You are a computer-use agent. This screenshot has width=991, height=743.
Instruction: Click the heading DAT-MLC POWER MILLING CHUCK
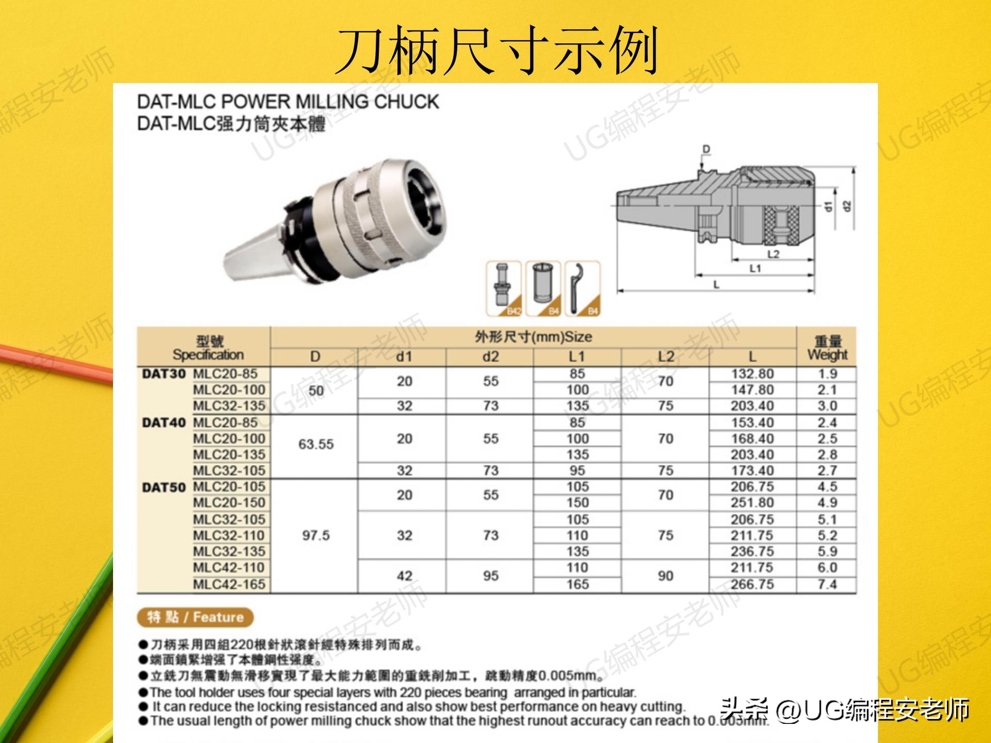coord(288,102)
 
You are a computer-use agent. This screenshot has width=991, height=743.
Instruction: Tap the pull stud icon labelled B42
coord(504,288)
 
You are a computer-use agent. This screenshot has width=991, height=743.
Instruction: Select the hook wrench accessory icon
coord(583,288)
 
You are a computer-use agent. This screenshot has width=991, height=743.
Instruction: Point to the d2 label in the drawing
coord(846,206)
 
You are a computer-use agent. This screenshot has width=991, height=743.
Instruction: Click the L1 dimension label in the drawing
coord(755,268)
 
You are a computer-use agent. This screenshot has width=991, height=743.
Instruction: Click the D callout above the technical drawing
coord(706,150)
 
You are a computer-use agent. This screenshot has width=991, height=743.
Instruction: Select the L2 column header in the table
coord(666,357)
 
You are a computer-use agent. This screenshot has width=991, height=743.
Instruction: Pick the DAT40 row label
coord(164,423)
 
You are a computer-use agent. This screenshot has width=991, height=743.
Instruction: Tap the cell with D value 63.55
coord(316,444)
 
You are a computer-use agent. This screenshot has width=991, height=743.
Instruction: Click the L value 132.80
coord(752,374)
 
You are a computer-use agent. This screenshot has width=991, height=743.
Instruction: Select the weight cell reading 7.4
coord(827,584)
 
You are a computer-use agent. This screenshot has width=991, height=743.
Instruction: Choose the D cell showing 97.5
coord(316,536)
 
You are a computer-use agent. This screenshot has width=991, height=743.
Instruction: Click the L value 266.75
coord(752,584)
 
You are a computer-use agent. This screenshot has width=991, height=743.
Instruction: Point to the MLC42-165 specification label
coord(229,584)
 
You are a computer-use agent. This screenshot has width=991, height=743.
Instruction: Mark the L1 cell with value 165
coord(578,584)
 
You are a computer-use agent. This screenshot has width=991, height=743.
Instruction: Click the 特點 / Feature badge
coord(196,617)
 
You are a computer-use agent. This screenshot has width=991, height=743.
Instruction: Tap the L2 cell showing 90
coord(666,576)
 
